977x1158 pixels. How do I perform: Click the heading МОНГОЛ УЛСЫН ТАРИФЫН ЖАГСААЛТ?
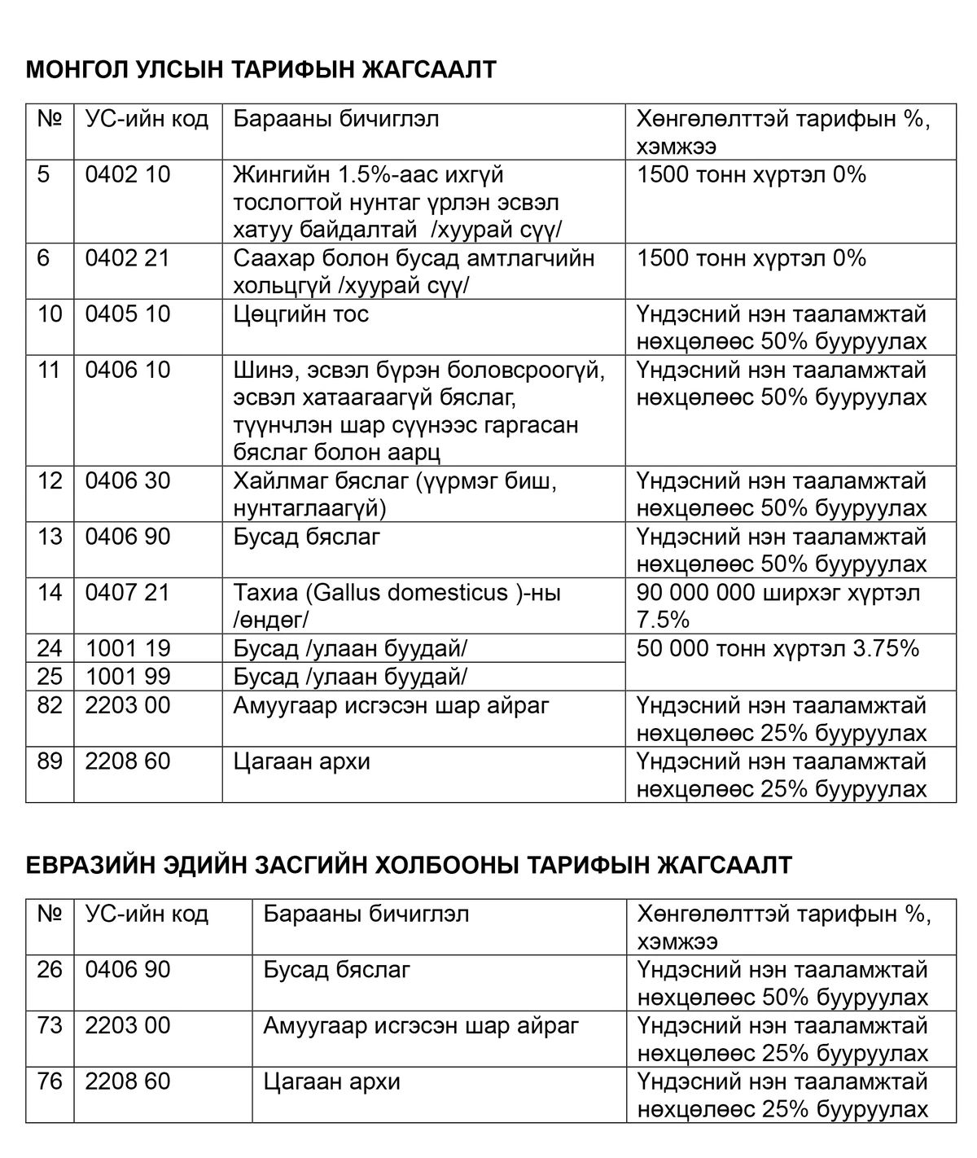point(261,70)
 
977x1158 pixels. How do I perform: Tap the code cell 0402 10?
point(128,175)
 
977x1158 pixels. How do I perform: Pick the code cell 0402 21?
point(128,259)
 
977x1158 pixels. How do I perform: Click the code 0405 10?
point(128,314)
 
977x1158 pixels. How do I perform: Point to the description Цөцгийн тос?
point(301,314)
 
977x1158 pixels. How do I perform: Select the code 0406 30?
point(128,481)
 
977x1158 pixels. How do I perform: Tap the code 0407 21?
point(128,593)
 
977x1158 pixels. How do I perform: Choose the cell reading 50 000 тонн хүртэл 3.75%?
point(778,649)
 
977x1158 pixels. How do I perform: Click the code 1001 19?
point(128,649)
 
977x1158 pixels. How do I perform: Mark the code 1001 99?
point(128,677)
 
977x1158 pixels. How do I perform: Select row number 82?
point(50,705)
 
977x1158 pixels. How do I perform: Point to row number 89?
point(50,761)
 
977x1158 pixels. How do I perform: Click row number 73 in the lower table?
point(50,1025)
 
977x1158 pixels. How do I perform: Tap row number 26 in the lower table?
point(50,970)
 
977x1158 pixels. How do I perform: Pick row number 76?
point(50,1081)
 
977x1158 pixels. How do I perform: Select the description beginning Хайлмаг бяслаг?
point(395,494)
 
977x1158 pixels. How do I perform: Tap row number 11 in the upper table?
point(50,371)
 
